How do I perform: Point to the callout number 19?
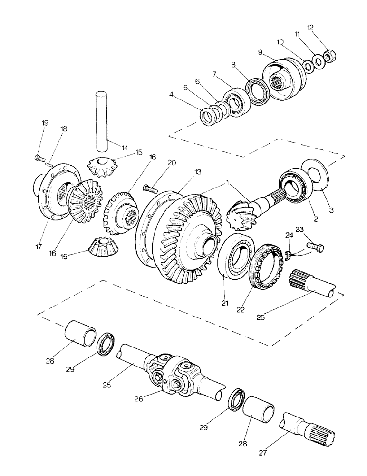click(45, 123)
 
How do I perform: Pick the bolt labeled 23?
click(314, 248)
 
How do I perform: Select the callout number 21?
click(224, 301)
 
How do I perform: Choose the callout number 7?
click(214, 74)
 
